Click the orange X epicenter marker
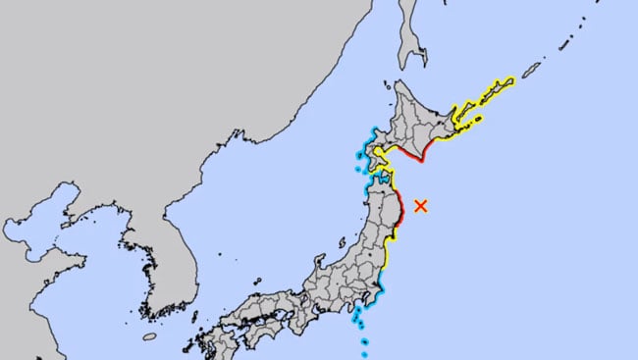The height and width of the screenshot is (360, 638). (421, 205)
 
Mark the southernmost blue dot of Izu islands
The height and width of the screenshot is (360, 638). (365, 354)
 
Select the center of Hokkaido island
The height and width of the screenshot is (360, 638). (423, 119)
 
